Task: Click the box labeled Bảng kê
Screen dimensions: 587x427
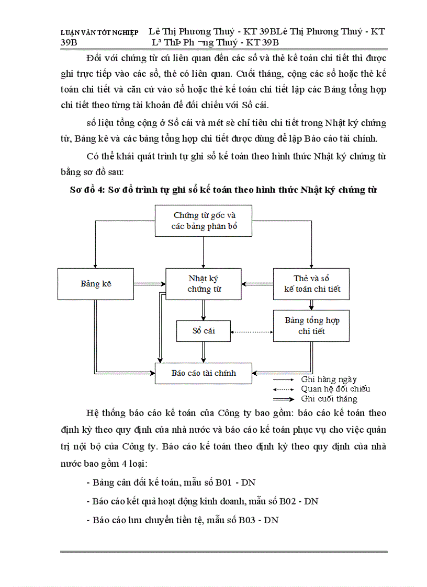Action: pyautogui.click(x=96, y=284)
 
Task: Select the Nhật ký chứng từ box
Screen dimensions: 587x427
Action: pyautogui.click(x=204, y=284)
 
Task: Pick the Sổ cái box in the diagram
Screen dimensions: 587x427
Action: pyautogui.click(x=204, y=331)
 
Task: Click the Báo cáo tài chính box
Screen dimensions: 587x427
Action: pyautogui.click(x=204, y=373)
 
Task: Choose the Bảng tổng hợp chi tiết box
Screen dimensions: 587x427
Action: pyautogui.click(x=311, y=326)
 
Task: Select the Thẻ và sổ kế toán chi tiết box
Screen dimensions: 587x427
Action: pyautogui.click(x=311, y=284)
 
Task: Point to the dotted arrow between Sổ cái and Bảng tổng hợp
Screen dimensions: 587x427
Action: pyautogui.click(x=252, y=331)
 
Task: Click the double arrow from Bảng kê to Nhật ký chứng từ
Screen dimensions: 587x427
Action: pyautogui.click(x=150, y=284)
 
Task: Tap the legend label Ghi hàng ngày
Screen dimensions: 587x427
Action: pyautogui.click(x=329, y=380)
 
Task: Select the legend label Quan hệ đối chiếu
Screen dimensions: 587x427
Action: pyautogui.click(x=335, y=389)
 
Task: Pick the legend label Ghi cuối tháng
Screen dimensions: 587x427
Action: pyautogui.click(x=329, y=399)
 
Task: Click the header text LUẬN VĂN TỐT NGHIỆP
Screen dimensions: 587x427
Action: pyautogui.click(x=99, y=32)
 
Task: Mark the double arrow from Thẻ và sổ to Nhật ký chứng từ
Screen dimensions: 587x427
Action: pyautogui.click(x=257, y=284)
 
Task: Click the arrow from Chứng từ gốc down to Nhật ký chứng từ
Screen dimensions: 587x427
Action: pyautogui.click(x=204, y=253)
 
